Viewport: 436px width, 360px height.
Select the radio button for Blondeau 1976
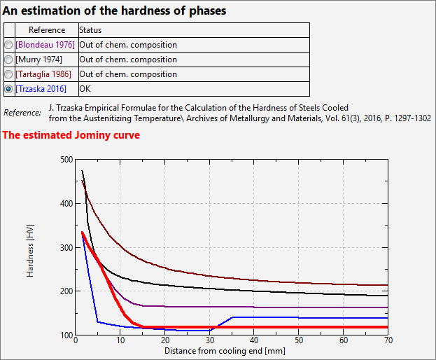coord(8,45)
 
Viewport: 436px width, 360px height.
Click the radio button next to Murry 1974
coord(8,60)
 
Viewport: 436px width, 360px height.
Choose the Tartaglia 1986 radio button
coord(8,74)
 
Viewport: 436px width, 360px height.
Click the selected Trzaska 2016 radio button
coord(8,89)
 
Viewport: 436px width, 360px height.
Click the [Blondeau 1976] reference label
coord(45,45)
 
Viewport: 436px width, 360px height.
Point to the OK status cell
coord(85,89)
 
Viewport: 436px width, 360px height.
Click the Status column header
coord(90,30)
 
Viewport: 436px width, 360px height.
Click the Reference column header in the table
coord(47,30)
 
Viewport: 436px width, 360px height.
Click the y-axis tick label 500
coord(66,160)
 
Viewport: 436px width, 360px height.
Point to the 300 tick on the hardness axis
coord(66,247)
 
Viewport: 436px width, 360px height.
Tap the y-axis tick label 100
coord(66,335)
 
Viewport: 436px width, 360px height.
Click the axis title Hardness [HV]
coord(30,247)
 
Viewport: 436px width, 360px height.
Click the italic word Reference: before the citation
coord(22,113)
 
